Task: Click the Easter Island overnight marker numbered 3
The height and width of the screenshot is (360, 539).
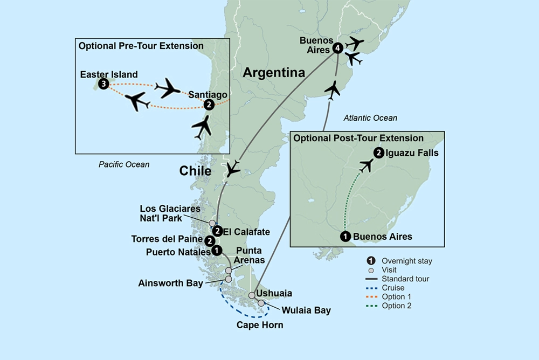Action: (103, 84)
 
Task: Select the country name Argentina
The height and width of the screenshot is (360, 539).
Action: (274, 72)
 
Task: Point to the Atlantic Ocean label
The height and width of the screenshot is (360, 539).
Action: (370, 118)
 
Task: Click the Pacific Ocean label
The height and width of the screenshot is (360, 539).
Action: (124, 164)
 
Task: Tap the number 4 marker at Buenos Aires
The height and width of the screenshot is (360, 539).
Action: (337, 48)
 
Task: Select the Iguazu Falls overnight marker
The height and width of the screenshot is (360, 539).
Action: (379, 153)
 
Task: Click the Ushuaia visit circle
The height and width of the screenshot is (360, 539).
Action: (252, 295)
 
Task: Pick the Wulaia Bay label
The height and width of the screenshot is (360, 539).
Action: (305, 310)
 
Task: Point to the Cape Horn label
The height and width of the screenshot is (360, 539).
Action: (260, 325)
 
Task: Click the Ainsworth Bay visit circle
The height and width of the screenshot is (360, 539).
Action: (229, 279)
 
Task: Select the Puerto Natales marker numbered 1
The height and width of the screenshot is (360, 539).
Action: (216, 250)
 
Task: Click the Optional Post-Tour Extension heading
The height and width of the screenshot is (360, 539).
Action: (358, 139)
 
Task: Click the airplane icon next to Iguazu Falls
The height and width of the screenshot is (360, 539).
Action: (366, 165)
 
